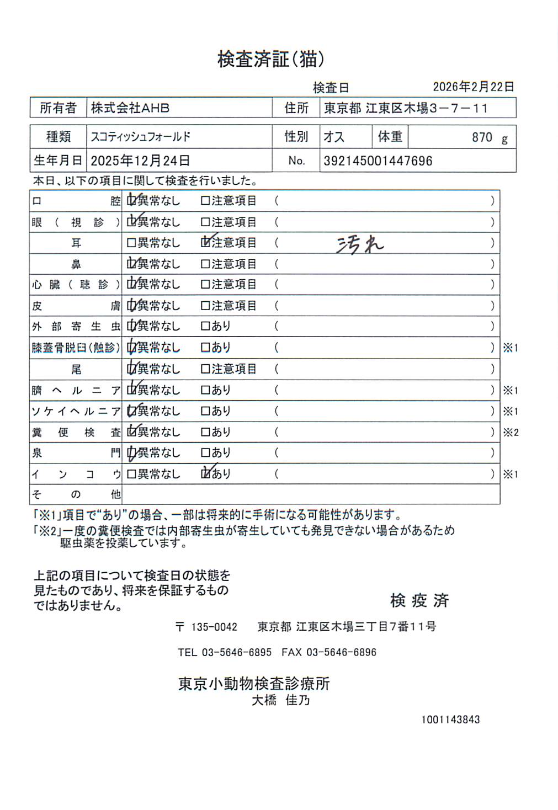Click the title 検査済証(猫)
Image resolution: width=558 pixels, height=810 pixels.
pos(270,58)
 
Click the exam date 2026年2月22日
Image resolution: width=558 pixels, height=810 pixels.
pos(473,87)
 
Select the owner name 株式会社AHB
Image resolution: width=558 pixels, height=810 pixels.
pos(130,108)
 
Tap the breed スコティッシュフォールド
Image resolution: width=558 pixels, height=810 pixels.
pos(141,137)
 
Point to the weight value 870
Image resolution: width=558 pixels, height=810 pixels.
pos(482,137)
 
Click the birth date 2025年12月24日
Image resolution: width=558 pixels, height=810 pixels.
pos(140,161)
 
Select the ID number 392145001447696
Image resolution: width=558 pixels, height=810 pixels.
pos(378,161)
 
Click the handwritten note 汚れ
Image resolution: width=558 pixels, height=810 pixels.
pos(360,244)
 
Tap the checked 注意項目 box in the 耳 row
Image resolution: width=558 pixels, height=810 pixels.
pos(206,243)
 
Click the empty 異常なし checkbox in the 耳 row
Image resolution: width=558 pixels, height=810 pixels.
pos(131,243)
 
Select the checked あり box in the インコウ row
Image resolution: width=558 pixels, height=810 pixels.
pos(206,473)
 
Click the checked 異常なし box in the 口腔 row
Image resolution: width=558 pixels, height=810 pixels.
pos(131,201)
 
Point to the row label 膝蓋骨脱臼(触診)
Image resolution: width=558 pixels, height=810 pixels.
pos(76,348)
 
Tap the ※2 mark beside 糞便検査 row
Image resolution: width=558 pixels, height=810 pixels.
pos(511,432)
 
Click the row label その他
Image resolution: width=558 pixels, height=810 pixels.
pos(76,494)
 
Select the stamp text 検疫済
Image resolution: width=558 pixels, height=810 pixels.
pos(419,600)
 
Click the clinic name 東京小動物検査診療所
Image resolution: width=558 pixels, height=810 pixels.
pos(254,684)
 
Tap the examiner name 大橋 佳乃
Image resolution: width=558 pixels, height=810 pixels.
pos(281,700)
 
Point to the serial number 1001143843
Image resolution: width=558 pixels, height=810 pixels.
pos(450,720)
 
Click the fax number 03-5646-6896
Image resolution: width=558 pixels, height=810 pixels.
pos(341,652)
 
